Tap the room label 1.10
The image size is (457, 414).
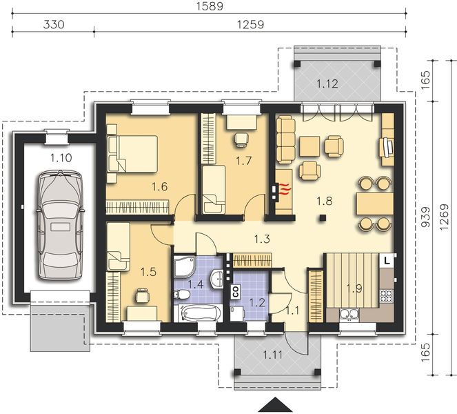60,157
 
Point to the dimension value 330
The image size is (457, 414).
53,25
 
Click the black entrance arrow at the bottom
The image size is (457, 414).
276,406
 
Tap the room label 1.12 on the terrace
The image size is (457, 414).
327,83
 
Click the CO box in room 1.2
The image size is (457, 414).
234,290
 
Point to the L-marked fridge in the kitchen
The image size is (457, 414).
387,260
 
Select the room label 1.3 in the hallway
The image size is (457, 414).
261,239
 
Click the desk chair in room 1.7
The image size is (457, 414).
241,140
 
